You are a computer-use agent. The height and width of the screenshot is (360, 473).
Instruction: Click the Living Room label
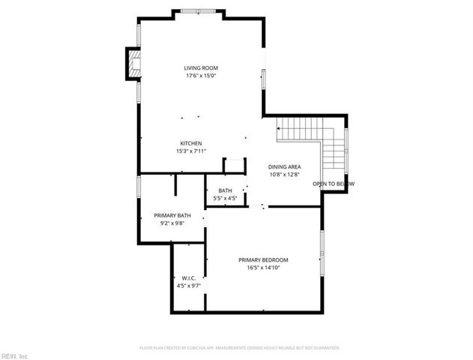(x=201, y=68)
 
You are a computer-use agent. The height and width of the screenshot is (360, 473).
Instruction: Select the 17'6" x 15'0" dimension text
(x=201, y=76)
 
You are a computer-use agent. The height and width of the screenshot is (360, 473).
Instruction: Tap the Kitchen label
(x=190, y=143)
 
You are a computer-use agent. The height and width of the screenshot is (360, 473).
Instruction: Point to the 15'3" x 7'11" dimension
(x=190, y=151)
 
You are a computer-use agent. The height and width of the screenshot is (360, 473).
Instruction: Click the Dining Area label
(x=284, y=166)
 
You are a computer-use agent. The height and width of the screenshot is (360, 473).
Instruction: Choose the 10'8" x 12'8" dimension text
(x=284, y=174)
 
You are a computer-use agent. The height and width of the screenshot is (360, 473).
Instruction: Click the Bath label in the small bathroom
(x=225, y=190)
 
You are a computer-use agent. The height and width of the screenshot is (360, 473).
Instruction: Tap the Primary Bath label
(x=172, y=216)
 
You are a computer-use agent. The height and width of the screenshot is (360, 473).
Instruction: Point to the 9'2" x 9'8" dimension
(x=172, y=223)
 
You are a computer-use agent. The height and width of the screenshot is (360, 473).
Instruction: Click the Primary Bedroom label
(x=263, y=259)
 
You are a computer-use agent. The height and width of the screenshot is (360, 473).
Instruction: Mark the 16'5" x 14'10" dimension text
(x=263, y=267)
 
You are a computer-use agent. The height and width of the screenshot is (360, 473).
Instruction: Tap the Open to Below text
(x=334, y=184)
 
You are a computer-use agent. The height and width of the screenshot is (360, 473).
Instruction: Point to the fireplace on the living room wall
(x=133, y=64)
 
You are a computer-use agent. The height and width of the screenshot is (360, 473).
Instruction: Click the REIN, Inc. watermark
(x=14, y=355)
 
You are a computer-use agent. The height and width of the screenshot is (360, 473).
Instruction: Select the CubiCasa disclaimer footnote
(x=239, y=348)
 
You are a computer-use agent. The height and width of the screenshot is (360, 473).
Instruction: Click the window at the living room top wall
(x=199, y=10)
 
